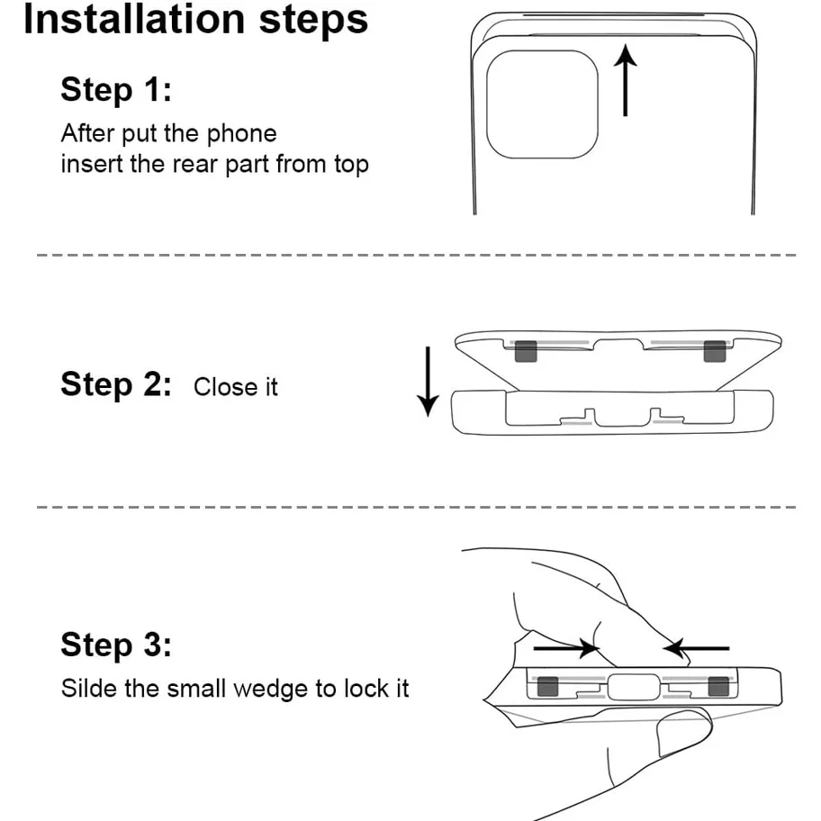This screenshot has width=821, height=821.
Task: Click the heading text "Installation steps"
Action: [195, 20]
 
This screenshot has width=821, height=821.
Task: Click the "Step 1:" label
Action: [115, 90]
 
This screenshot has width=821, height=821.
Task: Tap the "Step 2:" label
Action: [115, 384]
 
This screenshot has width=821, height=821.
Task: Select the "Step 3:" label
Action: [115, 645]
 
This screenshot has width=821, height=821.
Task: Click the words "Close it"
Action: [236, 387]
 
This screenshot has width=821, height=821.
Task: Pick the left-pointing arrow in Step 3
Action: [696, 647]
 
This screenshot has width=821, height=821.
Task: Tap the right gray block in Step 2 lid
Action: [715, 353]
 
